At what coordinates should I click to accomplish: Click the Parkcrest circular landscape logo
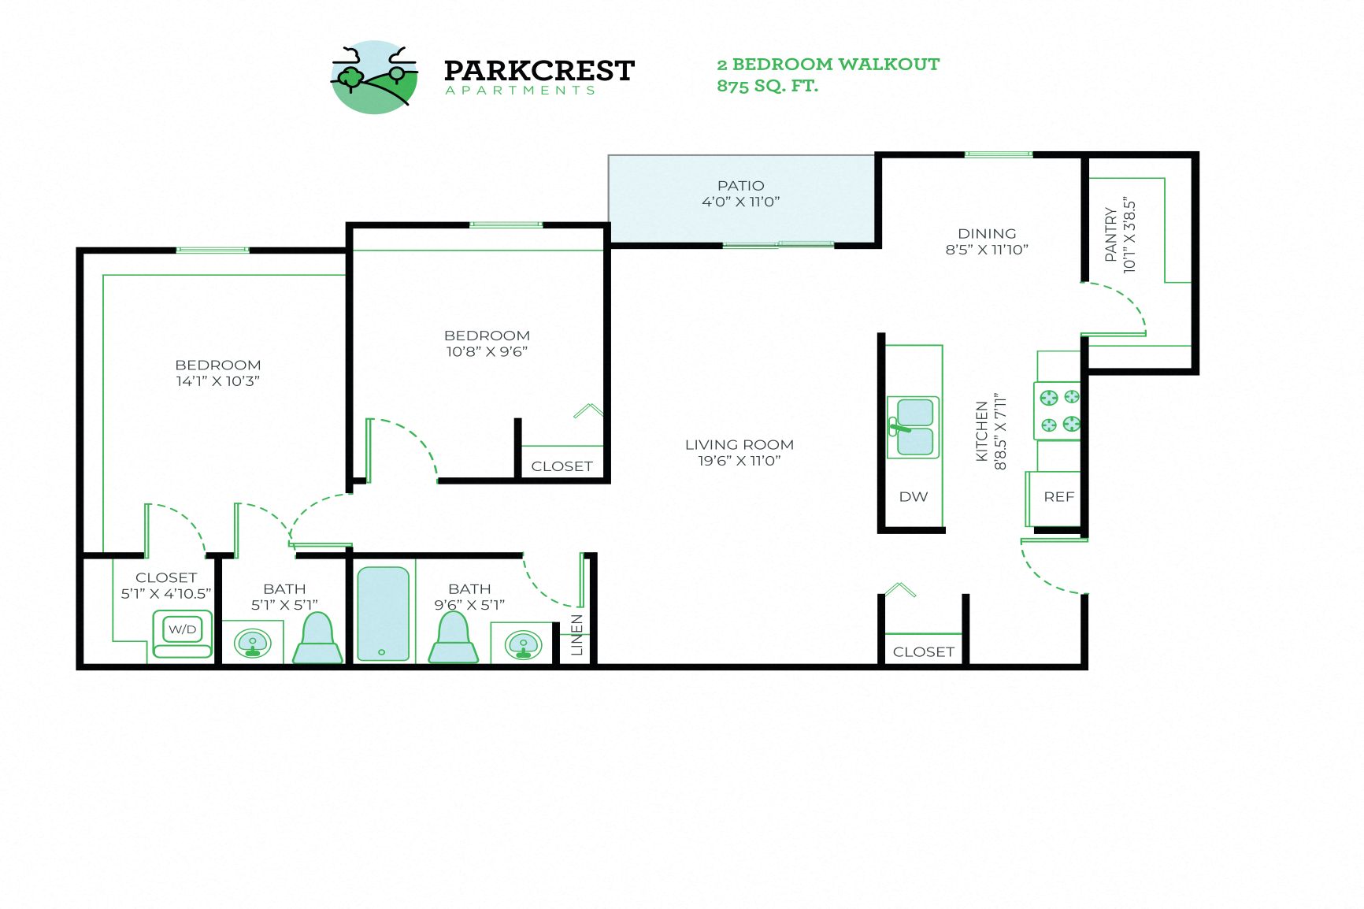pyautogui.click(x=374, y=77)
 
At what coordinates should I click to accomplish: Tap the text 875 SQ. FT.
pyautogui.click(x=767, y=86)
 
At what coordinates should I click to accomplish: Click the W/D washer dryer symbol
pyautogui.click(x=183, y=629)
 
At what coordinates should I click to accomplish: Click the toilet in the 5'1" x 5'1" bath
pyautogui.click(x=318, y=638)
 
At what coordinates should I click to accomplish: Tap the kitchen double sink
pyautogui.click(x=914, y=427)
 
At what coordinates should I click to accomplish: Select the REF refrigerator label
pyautogui.click(x=1058, y=497)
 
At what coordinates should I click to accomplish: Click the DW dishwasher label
pyautogui.click(x=914, y=497)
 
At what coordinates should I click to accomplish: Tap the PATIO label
pyautogui.click(x=740, y=186)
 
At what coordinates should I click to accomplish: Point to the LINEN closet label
pyautogui.click(x=577, y=635)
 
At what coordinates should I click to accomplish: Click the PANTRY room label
pyautogui.click(x=1110, y=234)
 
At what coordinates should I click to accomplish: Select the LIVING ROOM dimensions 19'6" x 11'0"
pyautogui.click(x=739, y=461)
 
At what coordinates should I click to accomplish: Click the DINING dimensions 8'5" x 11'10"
pyautogui.click(x=987, y=250)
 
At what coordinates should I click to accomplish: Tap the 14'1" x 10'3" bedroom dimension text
pyautogui.click(x=217, y=381)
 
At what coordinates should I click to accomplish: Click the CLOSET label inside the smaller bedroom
pyautogui.click(x=562, y=466)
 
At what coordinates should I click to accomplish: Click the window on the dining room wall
pyautogui.click(x=998, y=154)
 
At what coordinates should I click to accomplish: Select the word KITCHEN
pyautogui.click(x=982, y=431)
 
